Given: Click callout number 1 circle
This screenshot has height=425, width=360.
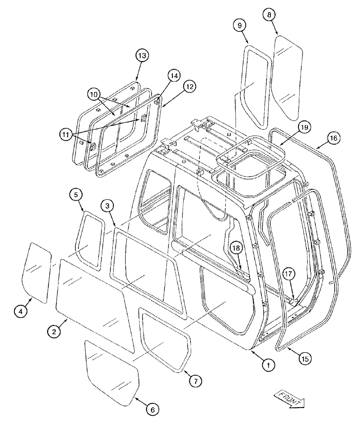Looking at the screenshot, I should point(268,364).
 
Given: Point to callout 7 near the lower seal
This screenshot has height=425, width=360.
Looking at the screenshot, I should point(194,381).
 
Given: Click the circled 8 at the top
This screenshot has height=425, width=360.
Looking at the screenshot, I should point(268,14).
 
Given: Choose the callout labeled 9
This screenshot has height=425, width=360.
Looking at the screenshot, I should point(240,25).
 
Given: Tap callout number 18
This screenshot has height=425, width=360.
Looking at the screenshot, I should point(236,249).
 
